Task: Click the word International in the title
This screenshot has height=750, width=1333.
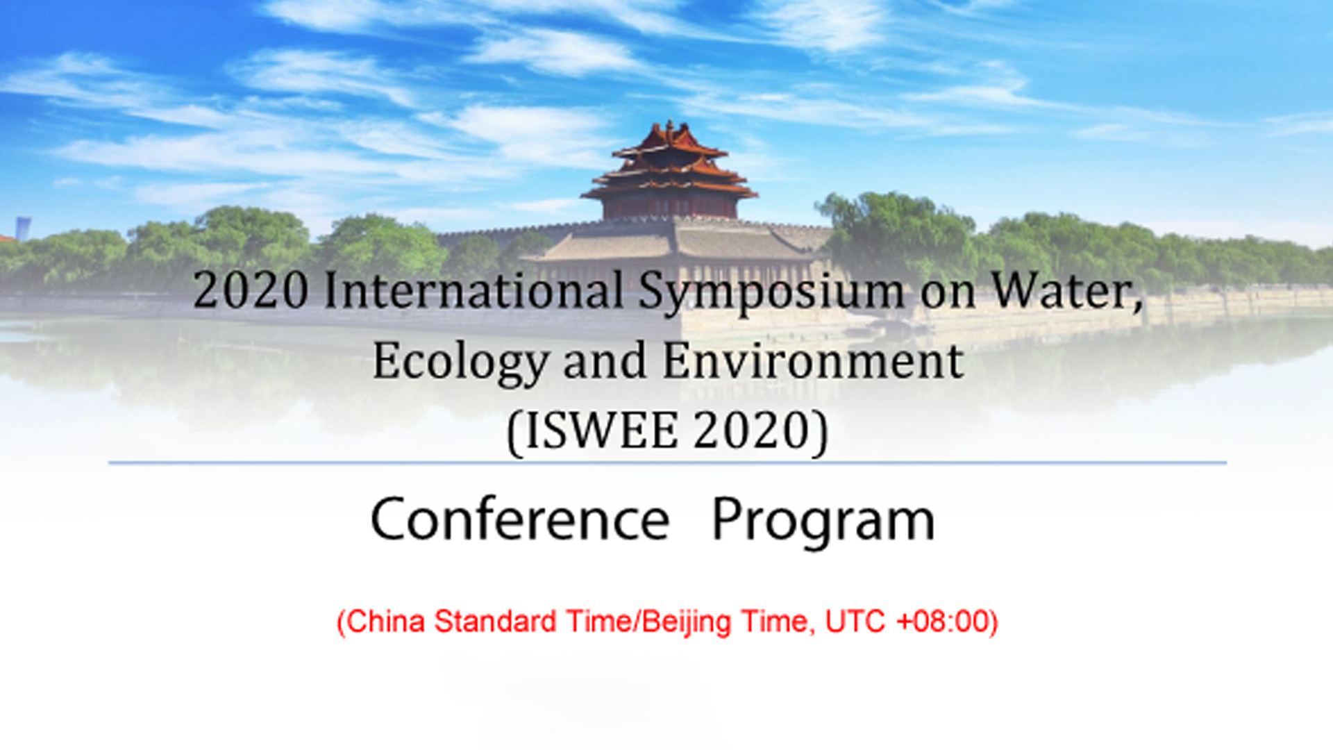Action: coord(474,291)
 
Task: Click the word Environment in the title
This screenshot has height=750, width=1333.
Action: coord(813,361)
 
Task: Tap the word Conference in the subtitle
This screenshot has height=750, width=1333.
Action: coord(520,519)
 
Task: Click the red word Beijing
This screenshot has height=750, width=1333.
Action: coord(687,622)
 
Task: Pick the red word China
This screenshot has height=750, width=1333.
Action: coord(385,621)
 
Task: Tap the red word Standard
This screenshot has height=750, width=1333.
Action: coord(495,621)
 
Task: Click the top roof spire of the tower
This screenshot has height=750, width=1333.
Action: coord(669,126)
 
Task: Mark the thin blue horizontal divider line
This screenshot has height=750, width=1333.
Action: coord(667,462)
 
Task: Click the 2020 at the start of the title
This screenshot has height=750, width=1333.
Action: coord(251,291)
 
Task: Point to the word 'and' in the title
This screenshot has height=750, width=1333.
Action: coord(605,361)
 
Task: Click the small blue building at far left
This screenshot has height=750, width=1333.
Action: coord(23,228)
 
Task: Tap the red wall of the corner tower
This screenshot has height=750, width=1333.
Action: coord(669,207)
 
